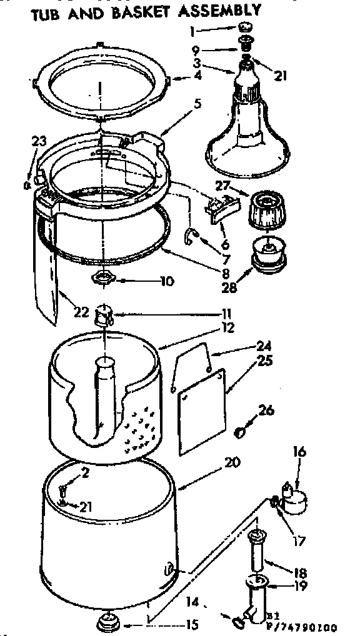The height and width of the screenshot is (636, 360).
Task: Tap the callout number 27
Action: (x=223, y=186)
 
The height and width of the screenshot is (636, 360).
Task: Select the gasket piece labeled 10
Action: (x=102, y=277)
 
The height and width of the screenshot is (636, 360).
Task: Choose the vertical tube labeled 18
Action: (x=257, y=553)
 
